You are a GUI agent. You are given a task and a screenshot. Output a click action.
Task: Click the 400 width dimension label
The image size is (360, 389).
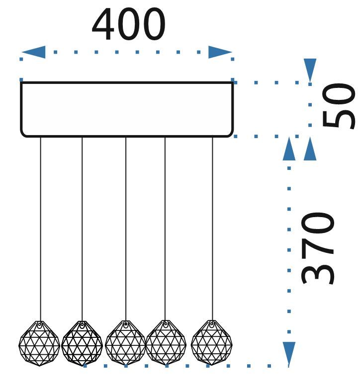128,25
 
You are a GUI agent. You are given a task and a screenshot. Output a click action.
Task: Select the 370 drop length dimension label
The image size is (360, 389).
319,248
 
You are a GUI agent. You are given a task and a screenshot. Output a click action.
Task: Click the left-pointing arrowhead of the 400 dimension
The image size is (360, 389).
33,52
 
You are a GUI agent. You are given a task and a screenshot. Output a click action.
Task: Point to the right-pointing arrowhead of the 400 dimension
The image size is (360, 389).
220,52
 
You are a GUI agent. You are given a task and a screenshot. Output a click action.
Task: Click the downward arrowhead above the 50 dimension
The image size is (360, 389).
310,70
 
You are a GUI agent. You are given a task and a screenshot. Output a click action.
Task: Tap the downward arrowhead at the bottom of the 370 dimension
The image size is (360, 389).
288,354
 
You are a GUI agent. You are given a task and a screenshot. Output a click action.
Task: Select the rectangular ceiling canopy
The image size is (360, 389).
126,109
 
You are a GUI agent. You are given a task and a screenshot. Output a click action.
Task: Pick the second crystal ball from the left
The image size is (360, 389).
82,343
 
